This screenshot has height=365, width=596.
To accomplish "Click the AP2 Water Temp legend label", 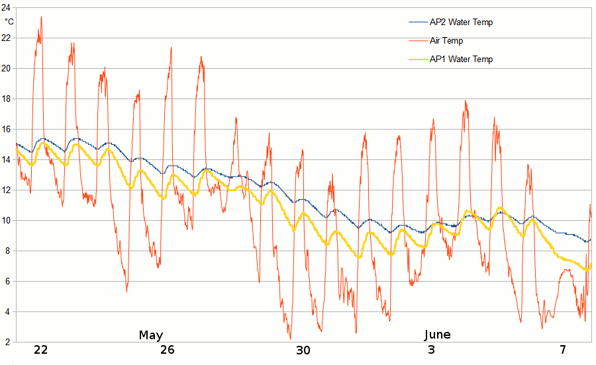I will [x=461, y=22].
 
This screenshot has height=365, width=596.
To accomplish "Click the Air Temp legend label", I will [x=446, y=41].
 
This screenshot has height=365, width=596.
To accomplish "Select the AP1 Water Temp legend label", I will [x=461, y=60].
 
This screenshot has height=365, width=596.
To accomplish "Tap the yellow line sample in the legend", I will [x=417, y=60].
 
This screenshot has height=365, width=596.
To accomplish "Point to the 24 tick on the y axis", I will [x=6, y=7].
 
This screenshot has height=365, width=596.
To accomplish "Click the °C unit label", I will [x=9, y=21].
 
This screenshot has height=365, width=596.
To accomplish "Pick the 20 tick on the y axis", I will [x=6, y=68].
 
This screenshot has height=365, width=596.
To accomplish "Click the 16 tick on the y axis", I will [x=6, y=129].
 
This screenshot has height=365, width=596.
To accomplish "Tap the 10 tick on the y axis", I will [x=6, y=220].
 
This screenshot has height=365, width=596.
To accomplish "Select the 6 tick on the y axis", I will [x=6, y=281].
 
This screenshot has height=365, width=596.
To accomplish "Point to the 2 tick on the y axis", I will [x=6, y=342].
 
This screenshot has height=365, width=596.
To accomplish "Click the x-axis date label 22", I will [x=41, y=350].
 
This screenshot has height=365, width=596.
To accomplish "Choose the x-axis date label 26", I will [x=168, y=350].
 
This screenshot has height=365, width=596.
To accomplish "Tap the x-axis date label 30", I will [x=303, y=350].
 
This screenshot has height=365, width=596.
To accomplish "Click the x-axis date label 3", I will [x=432, y=350].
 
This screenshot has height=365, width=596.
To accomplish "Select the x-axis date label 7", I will [x=563, y=350].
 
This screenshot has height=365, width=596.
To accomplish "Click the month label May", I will [x=151, y=335].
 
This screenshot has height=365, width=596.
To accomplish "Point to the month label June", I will [x=437, y=335].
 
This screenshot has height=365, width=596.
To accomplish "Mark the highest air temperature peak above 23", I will [x=41, y=18].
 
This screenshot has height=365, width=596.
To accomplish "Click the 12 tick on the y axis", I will [x=6, y=190].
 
